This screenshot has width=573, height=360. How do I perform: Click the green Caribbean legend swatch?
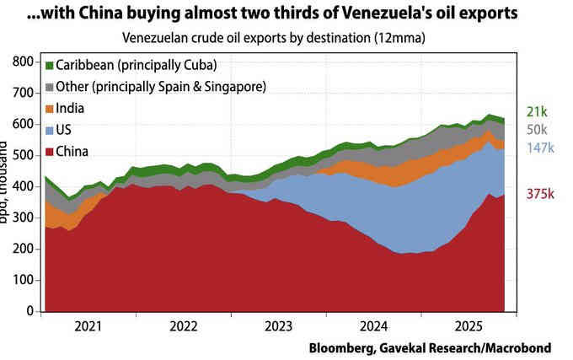point(50,65)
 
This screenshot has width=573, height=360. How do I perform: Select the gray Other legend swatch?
point(50,87)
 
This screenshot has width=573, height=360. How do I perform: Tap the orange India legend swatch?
point(50,109)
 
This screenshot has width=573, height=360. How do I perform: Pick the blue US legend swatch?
point(50,131)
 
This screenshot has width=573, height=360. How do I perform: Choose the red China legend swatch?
point(50,153)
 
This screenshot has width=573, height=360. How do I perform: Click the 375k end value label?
point(539,194)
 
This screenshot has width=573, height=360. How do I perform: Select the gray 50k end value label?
point(537,130)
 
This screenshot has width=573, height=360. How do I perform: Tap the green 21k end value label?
point(537,111)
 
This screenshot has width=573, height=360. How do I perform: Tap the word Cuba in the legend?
point(196,65)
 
